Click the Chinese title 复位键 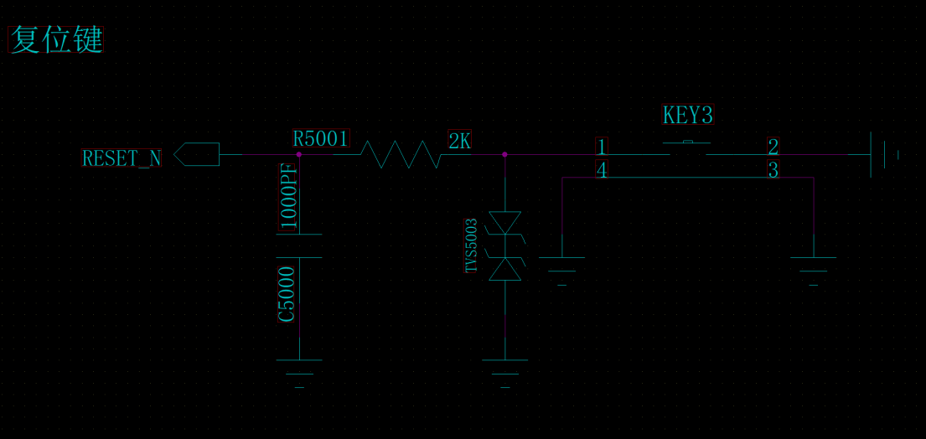click(x=56, y=40)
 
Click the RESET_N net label click(x=122, y=158)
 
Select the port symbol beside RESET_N click(x=197, y=154)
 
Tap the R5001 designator click(x=321, y=139)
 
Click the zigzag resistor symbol click(x=401, y=154)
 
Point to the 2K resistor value click(x=460, y=142)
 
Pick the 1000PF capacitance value click(x=289, y=197)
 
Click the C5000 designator click(x=287, y=294)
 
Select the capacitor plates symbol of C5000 click(x=299, y=246)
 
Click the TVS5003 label click(x=472, y=245)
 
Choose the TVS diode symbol click(x=504, y=246)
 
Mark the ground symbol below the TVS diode click(x=504, y=369)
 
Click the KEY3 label click(x=687, y=116)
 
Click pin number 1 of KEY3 click(x=601, y=147)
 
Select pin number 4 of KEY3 click(x=601, y=170)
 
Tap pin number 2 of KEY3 click(x=773, y=147)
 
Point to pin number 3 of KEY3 click(x=773, y=170)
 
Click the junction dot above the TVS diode click(x=504, y=154)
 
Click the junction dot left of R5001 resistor click(x=299, y=154)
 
